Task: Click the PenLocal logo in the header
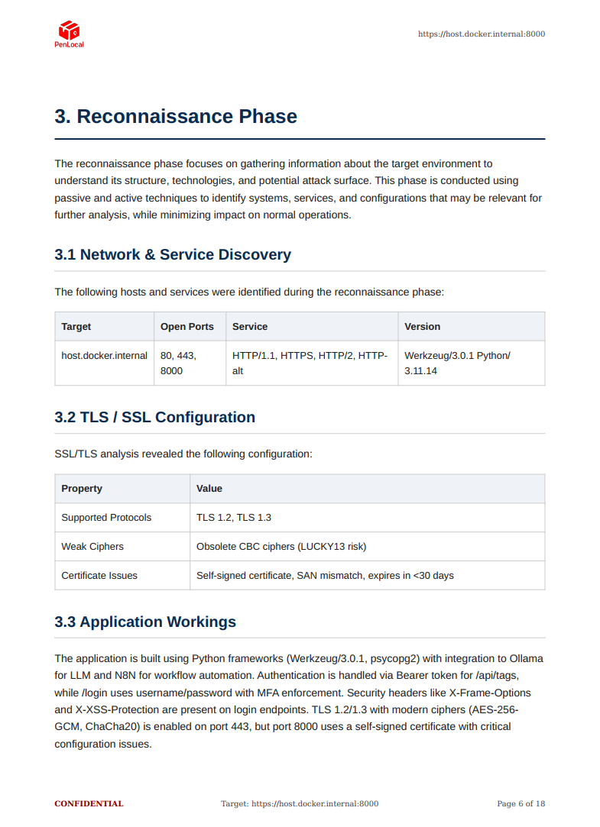click(x=69, y=34)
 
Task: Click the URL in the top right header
click(x=481, y=34)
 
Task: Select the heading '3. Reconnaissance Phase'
click(x=176, y=117)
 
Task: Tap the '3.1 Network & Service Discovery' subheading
click(x=173, y=254)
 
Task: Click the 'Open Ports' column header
click(x=187, y=326)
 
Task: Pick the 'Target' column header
click(x=76, y=326)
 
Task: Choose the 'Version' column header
click(x=423, y=326)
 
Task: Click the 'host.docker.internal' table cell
click(x=105, y=356)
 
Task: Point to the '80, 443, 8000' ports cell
click(x=179, y=363)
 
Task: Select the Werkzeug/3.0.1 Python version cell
click(x=457, y=363)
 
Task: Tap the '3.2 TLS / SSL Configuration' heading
click(x=155, y=417)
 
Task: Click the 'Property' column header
click(x=82, y=489)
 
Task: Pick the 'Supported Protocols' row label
click(x=106, y=518)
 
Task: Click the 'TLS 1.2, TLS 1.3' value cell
click(x=234, y=518)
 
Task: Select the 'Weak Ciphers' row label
click(x=92, y=547)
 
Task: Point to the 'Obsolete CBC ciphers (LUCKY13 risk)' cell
click(x=281, y=547)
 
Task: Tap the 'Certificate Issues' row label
click(x=99, y=576)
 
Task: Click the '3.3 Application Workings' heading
click(x=145, y=622)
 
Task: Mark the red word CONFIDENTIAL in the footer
click(x=89, y=803)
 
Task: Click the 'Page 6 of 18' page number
click(x=521, y=803)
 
